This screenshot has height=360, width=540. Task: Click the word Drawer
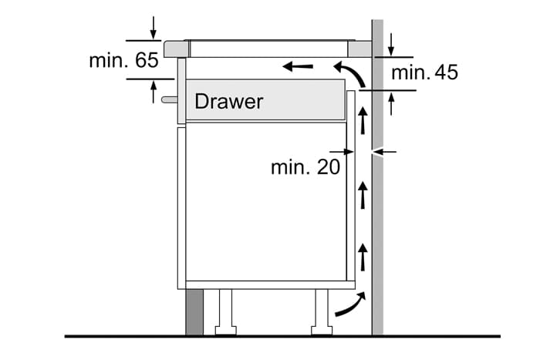click(228, 101)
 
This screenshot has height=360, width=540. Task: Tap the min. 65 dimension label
click(123, 60)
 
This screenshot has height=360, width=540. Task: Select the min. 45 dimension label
click(424, 72)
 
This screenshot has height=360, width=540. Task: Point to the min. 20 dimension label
click(305, 166)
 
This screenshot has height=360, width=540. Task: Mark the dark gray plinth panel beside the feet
click(194, 312)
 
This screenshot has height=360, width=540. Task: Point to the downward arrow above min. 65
click(154, 26)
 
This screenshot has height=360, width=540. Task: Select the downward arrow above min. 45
click(390, 44)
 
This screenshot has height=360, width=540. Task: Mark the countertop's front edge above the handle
click(176, 48)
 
